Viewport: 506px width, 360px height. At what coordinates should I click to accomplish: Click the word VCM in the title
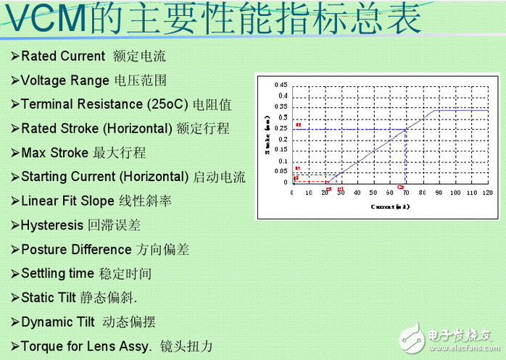(x=44, y=19)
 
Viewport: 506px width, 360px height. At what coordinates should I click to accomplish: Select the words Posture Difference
(x=76, y=249)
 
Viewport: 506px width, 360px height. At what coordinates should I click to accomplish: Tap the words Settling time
(x=57, y=273)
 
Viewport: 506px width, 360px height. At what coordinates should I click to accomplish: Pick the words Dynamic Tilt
(x=58, y=322)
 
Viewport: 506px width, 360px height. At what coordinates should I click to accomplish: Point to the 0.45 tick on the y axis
(x=281, y=85)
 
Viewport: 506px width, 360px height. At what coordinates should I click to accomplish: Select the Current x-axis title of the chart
(x=390, y=206)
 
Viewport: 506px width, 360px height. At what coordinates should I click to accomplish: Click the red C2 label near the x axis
(x=400, y=188)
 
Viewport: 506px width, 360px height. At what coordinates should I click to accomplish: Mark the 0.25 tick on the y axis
(x=281, y=128)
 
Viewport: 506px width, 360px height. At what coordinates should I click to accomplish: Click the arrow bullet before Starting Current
(x=15, y=177)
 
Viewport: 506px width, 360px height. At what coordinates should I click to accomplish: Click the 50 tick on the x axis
(x=373, y=193)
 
